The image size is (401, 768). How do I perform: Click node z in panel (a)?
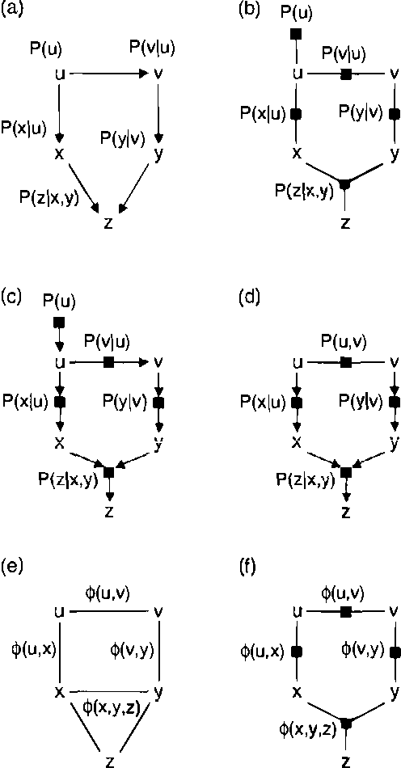click(108, 223)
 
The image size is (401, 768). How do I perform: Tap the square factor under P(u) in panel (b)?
click(297, 33)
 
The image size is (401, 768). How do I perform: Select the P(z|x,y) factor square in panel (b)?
click(345, 185)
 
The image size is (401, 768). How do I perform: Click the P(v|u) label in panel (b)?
click(343, 53)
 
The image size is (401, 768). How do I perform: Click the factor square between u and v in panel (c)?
click(108, 363)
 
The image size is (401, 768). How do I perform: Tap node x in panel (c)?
click(59, 442)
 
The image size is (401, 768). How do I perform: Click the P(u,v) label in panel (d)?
click(344, 342)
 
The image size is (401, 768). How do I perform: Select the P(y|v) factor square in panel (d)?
click(395, 402)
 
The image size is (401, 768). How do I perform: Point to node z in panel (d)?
click(346, 511)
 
